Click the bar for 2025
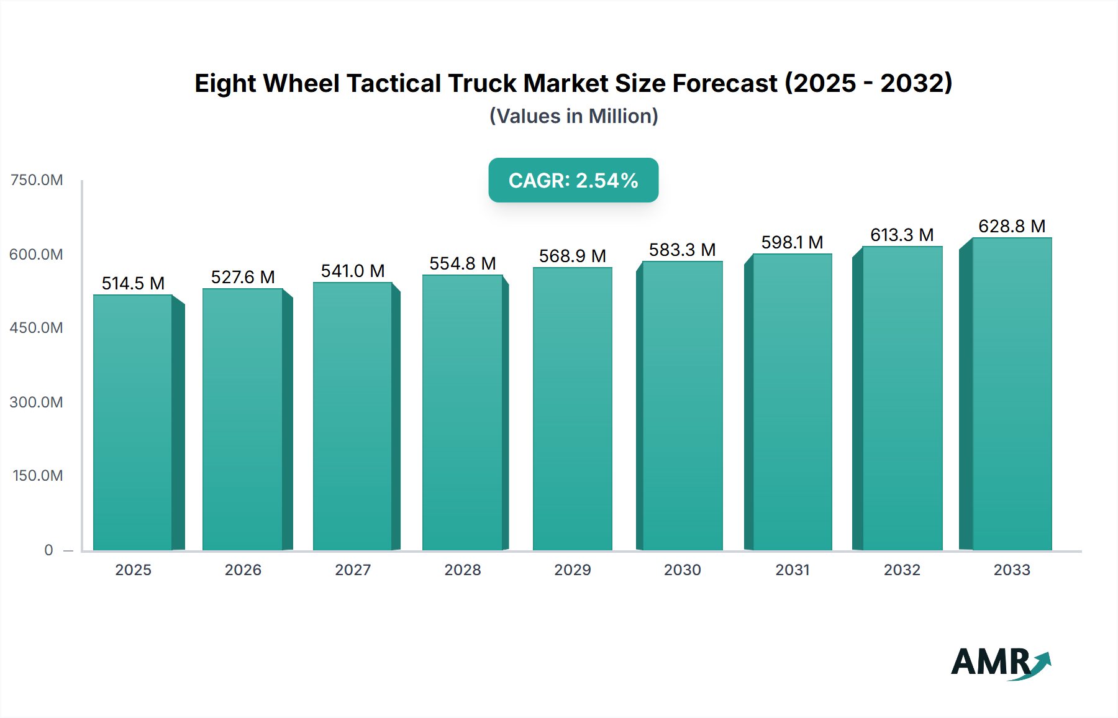coord(133,422)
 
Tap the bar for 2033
coord(1012,394)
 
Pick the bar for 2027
coord(352,416)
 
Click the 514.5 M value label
coord(133,283)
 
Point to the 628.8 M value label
coord(1012,226)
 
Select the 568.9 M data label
coord(572,256)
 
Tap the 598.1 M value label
coord(792,242)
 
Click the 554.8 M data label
coord(462,263)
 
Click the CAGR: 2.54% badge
coord(573,180)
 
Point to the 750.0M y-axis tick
coord(37,180)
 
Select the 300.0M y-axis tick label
coord(37,402)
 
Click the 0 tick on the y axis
coord(48,550)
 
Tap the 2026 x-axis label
coord(243,570)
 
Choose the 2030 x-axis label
coord(682,570)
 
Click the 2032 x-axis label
coord(902,570)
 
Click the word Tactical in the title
coord(393,83)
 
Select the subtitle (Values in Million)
coord(573,116)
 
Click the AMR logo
coord(1000,663)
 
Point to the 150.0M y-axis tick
coord(38,476)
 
